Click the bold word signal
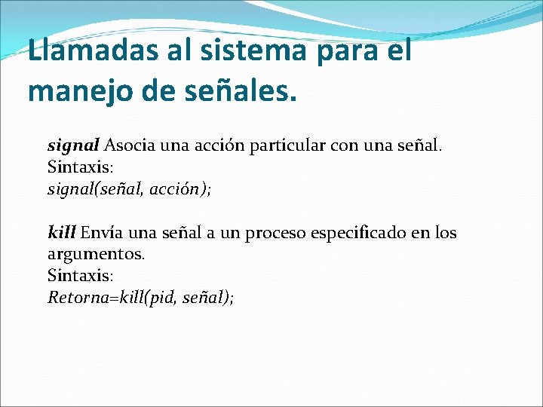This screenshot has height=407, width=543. [x=73, y=145]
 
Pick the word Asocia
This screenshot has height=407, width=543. [x=130, y=145]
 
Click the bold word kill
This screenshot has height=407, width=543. [x=61, y=232]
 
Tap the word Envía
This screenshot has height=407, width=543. [x=103, y=232]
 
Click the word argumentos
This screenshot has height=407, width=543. [x=96, y=254]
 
